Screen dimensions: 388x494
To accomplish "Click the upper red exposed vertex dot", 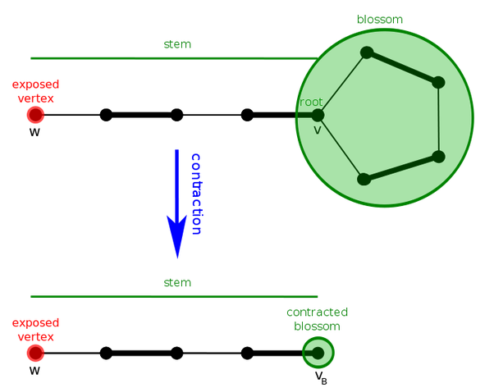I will coord(34,115).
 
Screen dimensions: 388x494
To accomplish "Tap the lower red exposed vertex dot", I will coord(34,353).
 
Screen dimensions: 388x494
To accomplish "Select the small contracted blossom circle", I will coord(318,353).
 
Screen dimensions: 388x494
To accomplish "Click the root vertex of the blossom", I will coord(318,116).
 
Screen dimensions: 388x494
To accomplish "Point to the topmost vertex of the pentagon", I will coord(367,52).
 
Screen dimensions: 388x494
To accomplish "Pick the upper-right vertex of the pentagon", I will coord(438,82).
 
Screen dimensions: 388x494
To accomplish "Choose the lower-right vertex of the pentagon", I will coord(438,156).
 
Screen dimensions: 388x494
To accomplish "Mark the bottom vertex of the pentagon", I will coord(364,178).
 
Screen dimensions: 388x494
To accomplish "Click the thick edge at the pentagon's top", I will coord(402,67).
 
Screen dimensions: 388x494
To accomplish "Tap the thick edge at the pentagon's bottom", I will coord(401,167).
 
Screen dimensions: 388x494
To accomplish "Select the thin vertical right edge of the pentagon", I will coord(439,119).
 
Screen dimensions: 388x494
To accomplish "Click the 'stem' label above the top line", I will coord(177,44).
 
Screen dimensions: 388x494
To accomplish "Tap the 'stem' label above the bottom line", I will coord(177,283).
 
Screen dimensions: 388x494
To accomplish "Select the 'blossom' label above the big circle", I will coord(381,19).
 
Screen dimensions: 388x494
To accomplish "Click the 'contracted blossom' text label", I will coord(317,319).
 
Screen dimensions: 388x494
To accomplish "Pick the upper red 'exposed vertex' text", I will coord(35,91).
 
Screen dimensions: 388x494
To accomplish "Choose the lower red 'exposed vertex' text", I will coord(35,329).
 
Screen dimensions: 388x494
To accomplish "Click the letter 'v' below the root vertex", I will coord(318,130).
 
